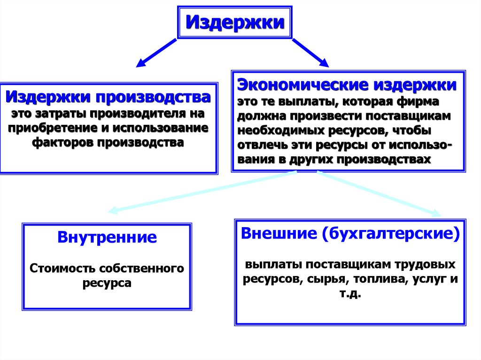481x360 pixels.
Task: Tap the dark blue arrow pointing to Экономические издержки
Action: (x=310, y=53)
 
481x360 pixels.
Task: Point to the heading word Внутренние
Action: (x=107, y=237)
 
